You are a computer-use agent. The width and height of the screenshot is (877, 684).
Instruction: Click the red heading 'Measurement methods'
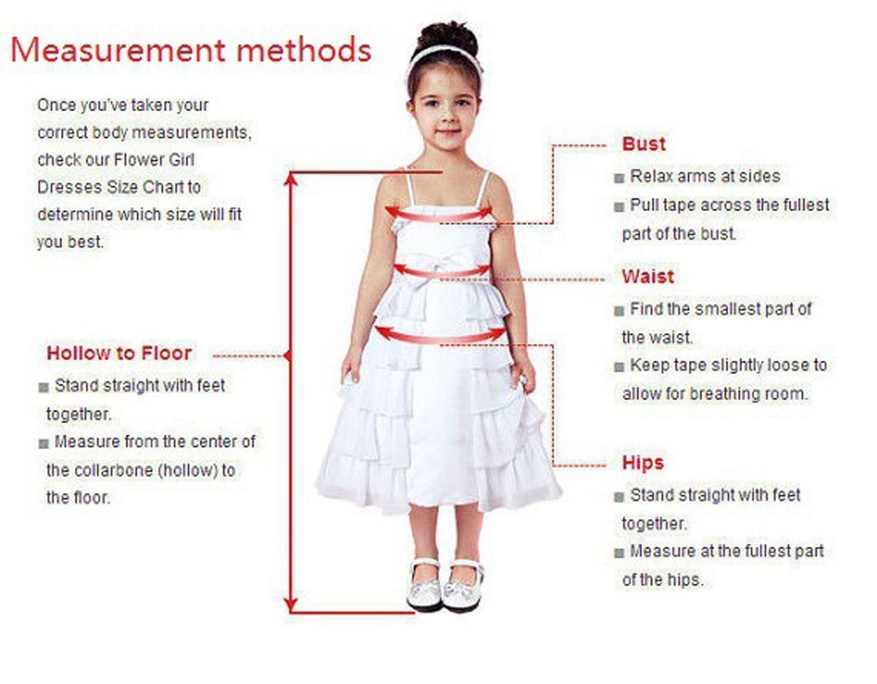point(191,50)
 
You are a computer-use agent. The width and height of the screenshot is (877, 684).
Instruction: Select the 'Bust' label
point(643,145)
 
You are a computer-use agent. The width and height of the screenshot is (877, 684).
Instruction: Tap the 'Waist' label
point(647,276)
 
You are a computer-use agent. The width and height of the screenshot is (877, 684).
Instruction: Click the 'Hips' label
point(643,464)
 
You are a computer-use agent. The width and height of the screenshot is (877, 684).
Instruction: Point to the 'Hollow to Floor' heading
point(119,353)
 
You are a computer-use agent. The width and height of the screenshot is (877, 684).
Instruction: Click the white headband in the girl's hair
point(443,54)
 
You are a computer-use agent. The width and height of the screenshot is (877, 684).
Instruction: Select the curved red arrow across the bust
point(439,215)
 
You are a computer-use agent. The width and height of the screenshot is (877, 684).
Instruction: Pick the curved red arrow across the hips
point(440,336)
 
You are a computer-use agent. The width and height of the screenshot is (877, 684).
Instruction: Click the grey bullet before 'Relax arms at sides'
point(619,178)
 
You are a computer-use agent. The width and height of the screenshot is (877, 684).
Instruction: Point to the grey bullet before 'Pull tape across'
point(619,207)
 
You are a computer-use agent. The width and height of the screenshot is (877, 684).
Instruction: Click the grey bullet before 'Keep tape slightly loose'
point(619,367)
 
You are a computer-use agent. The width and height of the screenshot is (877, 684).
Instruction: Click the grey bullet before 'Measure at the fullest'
point(619,552)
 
